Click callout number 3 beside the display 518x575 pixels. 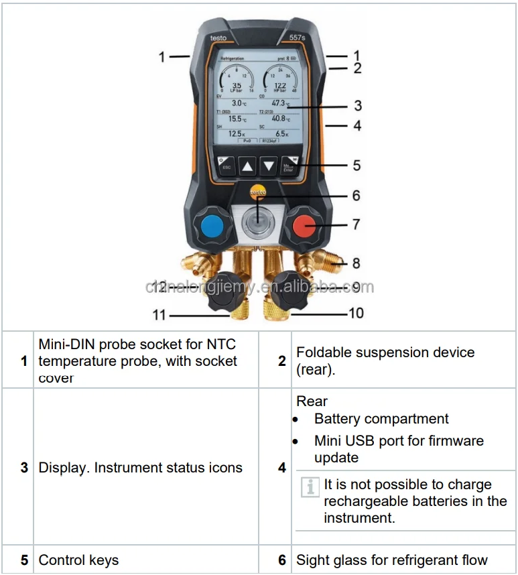click(358, 106)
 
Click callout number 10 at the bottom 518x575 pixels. click(356, 312)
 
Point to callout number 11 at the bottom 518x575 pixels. click(159, 314)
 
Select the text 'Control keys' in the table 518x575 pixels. click(78, 560)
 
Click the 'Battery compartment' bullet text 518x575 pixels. click(381, 419)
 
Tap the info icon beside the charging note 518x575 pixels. click(310, 487)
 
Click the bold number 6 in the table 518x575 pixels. click(282, 560)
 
